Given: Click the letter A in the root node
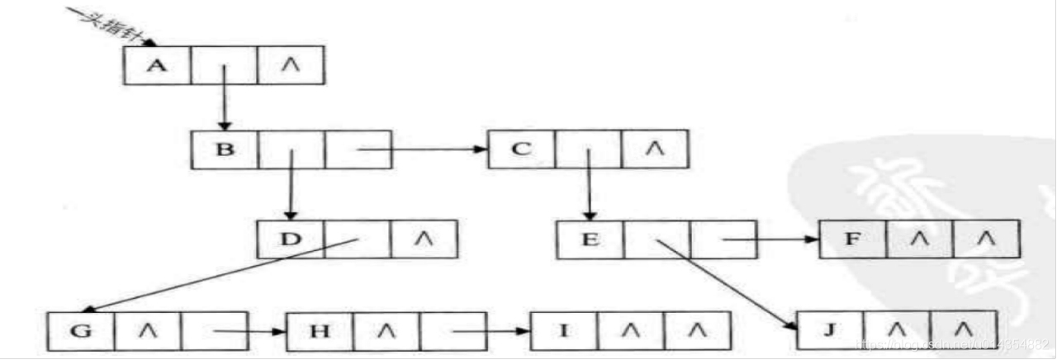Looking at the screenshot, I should [x=156, y=64].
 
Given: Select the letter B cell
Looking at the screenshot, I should [x=224, y=149].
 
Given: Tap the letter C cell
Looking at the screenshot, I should [x=521, y=149].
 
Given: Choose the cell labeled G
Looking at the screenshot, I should [x=81, y=332].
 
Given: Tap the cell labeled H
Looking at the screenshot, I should [x=320, y=332].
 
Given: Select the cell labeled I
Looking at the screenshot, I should [x=564, y=332].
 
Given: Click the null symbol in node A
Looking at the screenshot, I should [x=291, y=64].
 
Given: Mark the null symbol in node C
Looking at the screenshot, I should [x=654, y=149].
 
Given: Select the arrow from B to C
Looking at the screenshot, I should [x=421, y=149].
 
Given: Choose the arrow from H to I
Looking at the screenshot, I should [x=491, y=332].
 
